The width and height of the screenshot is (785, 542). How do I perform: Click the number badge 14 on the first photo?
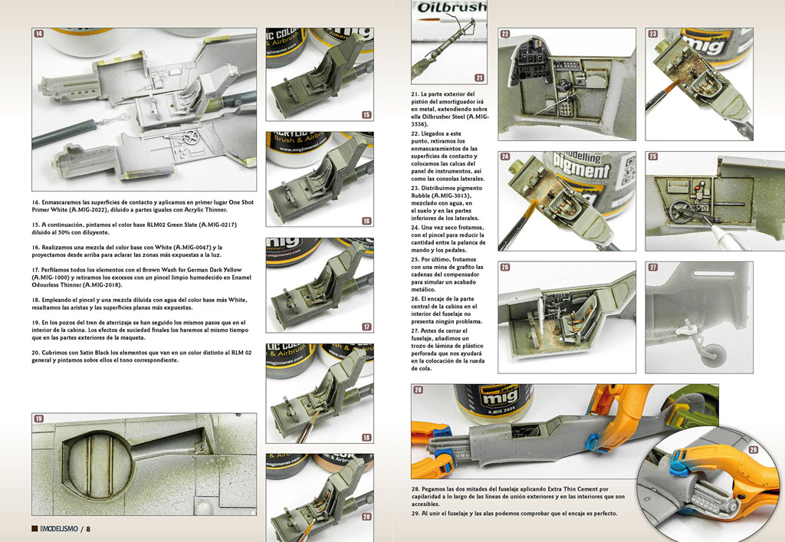38,34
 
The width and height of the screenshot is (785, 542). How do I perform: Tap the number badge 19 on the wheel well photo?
38,419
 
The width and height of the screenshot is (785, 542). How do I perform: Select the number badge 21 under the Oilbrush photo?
479,77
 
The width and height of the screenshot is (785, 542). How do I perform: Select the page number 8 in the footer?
89,529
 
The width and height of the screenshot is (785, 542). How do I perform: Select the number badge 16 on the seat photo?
366,221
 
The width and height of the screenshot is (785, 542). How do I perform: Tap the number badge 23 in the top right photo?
653,34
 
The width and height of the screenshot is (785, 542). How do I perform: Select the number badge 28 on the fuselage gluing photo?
418,390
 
